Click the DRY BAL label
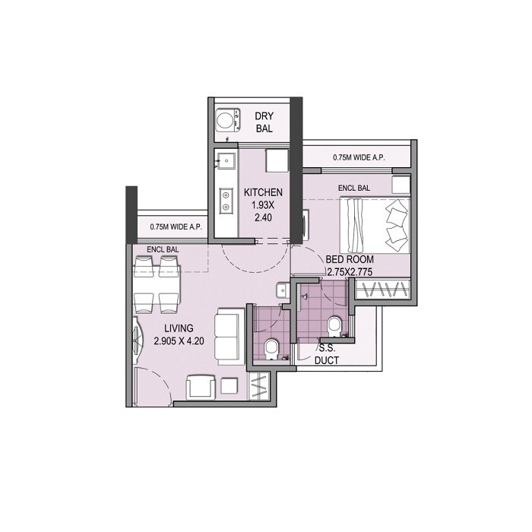click(264, 122)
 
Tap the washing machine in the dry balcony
click(225, 121)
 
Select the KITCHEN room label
click(263, 193)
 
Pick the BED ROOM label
click(350, 259)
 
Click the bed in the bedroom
click(374, 226)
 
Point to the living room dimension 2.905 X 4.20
click(180, 341)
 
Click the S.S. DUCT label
click(327, 355)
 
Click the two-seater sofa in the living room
click(226, 337)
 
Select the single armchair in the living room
click(203, 388)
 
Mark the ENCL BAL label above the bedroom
click(354, 188)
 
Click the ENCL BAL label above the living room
click(163, 249)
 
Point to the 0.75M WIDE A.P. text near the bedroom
click(359, 158)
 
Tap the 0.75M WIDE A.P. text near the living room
click(176, 226)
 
